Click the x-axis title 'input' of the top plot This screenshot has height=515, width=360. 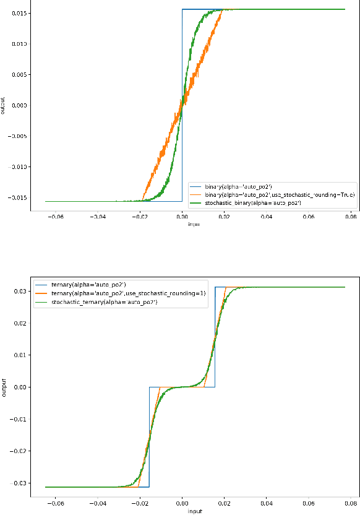(x=193, y=224)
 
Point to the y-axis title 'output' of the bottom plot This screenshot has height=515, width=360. (x=4, y=386)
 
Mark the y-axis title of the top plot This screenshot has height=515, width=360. (x=3, y=106)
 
